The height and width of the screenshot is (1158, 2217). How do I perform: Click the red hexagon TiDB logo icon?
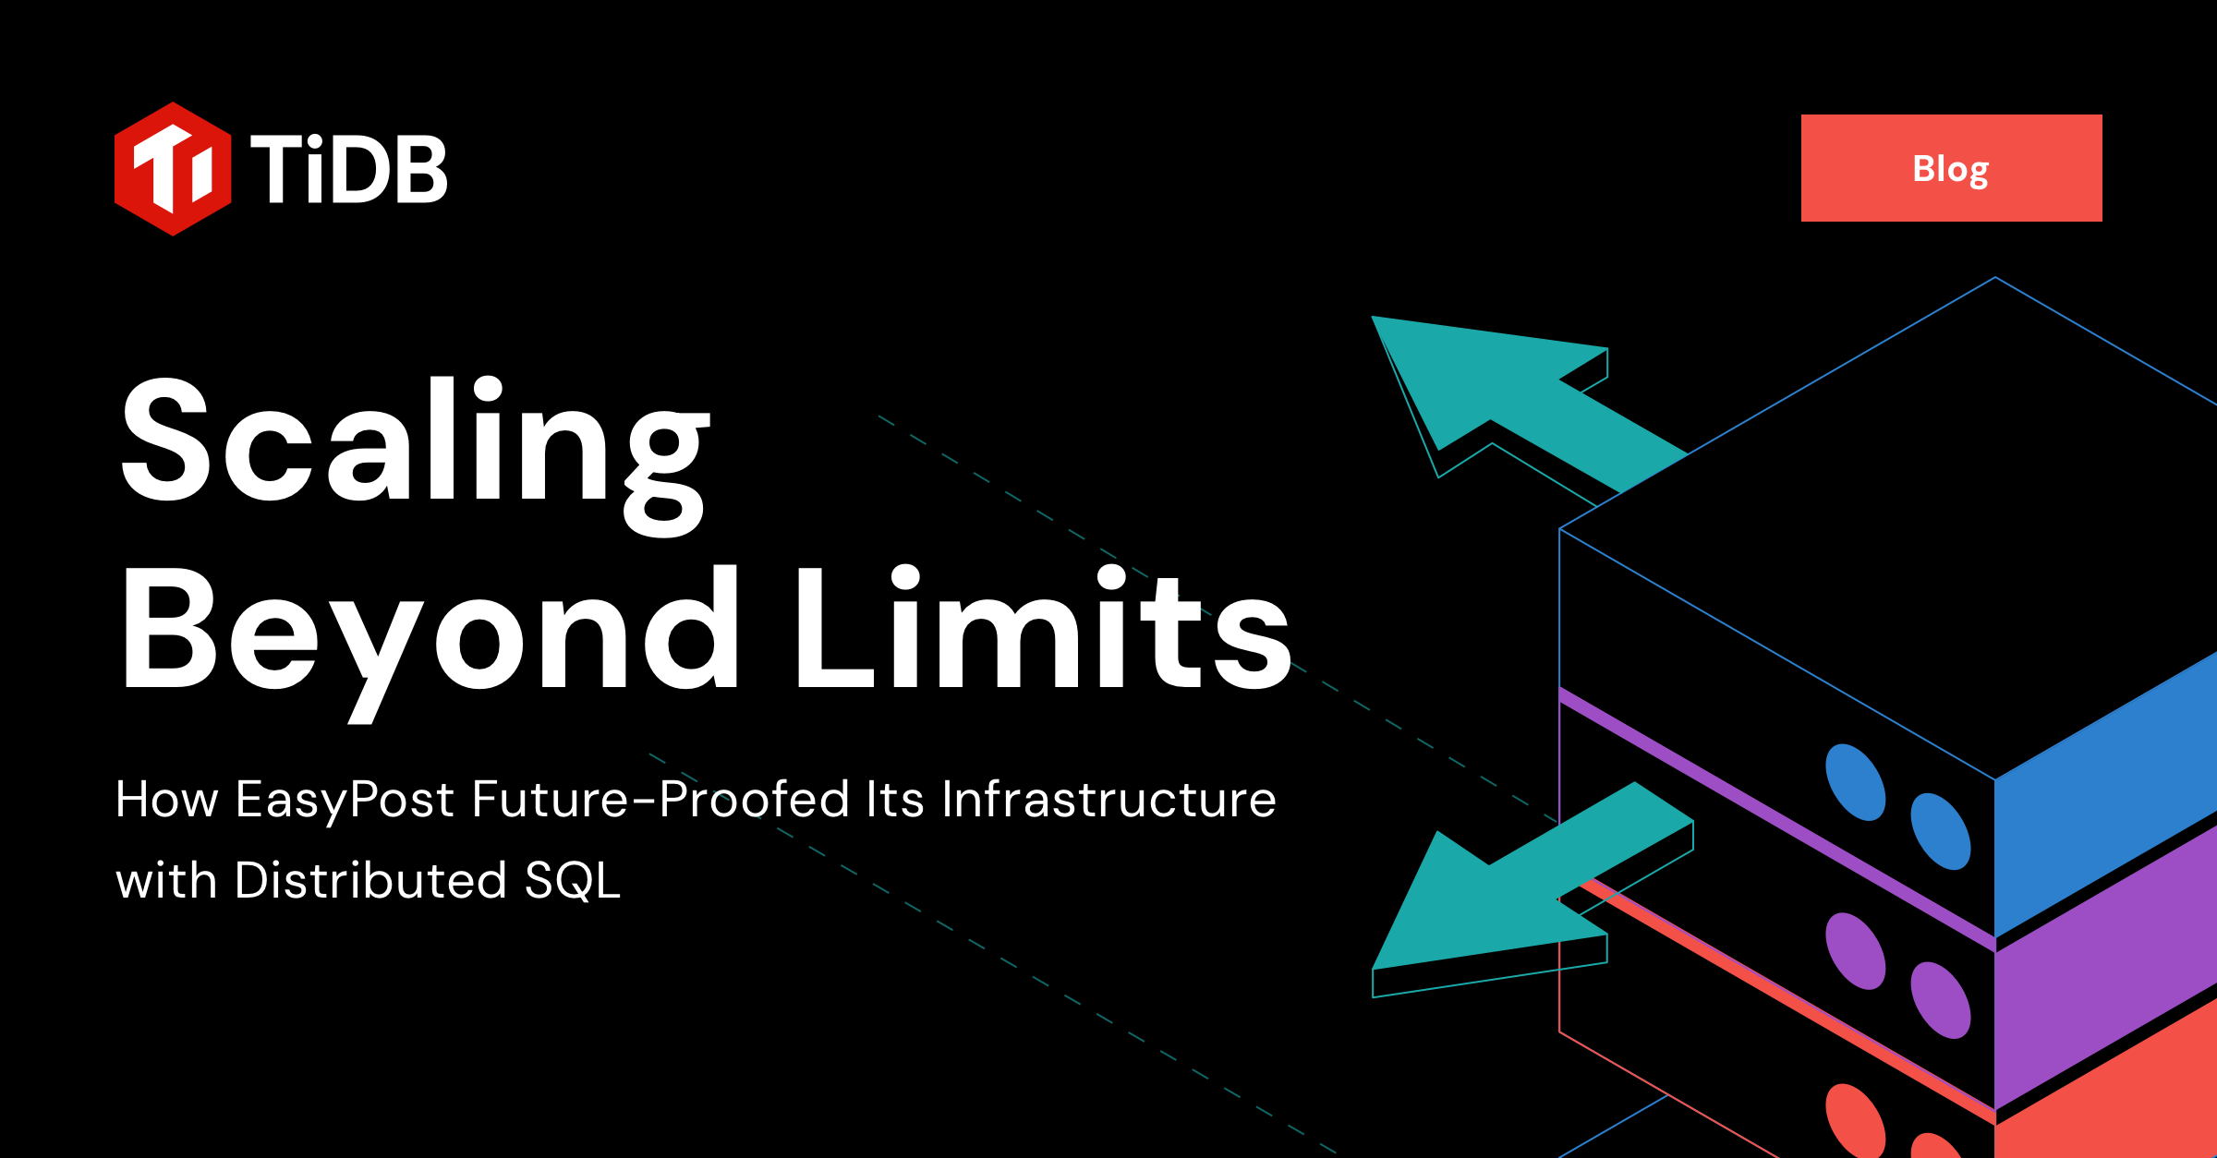pyautogui.click(x=172, y=169)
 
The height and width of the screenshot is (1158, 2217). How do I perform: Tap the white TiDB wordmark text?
pyautogui.click(x=348, y=169)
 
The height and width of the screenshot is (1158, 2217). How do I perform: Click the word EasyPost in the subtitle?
pyautogui.click(x=345, y=800)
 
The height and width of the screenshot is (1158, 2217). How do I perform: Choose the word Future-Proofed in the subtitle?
pyautogui.click(x=660, y=800)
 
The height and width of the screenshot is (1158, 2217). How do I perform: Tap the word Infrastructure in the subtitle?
pyautogui.click(x=1108, y=800)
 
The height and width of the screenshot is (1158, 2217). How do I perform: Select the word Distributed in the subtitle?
pyautogui.click(x=370, y=880)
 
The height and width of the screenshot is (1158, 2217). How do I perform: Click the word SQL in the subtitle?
pyautogui.click(x=573, y=880)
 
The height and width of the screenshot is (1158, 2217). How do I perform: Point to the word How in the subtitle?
pyautogui.click(x=166, y=800)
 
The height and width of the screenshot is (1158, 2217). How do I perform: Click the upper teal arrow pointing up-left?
pyautogui.click(x=1515, y=397)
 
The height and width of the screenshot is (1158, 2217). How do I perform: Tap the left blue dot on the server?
pyautogui.click(x=1855, y=782)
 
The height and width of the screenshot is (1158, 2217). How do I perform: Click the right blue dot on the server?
pyautogui.click(x=1940, y=831)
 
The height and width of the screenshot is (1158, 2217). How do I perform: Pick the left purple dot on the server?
pyautogui.click(x=1855, y=951)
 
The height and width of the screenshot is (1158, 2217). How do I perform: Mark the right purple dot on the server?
pyautogui.click(x=1940, y=1000)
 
